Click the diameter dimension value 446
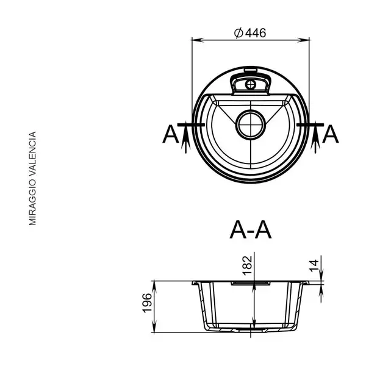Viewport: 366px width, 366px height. click(x=256, y=33)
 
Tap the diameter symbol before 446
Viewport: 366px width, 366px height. click(x=239, y=33)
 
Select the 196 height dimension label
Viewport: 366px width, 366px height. click(x=147, y=303)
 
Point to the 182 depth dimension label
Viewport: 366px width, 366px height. click(x=248, y=265)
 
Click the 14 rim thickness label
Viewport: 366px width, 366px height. click(x=314, y=265)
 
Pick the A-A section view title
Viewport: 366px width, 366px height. click(x=251, y=230)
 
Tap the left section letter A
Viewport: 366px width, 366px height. click(x=171, y=134)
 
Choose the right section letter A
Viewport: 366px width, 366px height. click(x=330, y=134)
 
